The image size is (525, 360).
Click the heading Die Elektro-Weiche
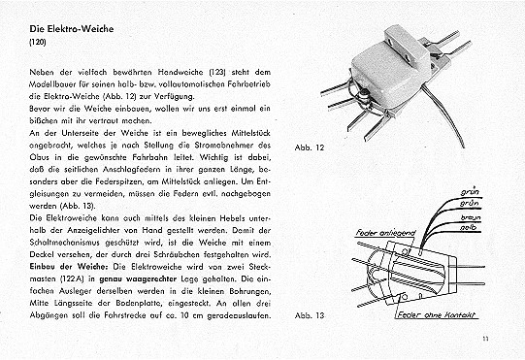[x=72, y=29]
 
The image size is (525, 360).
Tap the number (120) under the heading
[x=38, y=42]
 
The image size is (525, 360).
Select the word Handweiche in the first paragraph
[x=180, y=72]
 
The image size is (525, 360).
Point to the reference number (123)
[x=217, y=72]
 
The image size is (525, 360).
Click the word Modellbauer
[x=50, y=84]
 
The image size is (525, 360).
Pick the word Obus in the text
[x=40, y=157]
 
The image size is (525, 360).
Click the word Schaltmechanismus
[x=65, y=243]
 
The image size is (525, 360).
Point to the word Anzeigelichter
[x=95, y=230]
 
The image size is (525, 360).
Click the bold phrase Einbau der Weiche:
[x=69, y=267]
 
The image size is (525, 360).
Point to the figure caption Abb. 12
[x=310, y=147]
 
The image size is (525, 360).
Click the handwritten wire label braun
[x=471, y=217]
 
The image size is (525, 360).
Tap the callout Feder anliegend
[x=385, y=233]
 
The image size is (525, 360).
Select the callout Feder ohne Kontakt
[x=437, y=314]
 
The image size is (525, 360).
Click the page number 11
[x=485, y=339]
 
